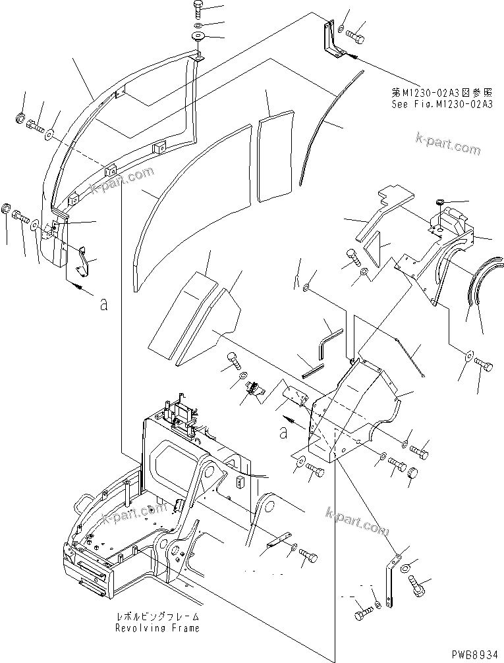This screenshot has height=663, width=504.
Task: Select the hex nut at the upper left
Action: (20, 120)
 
